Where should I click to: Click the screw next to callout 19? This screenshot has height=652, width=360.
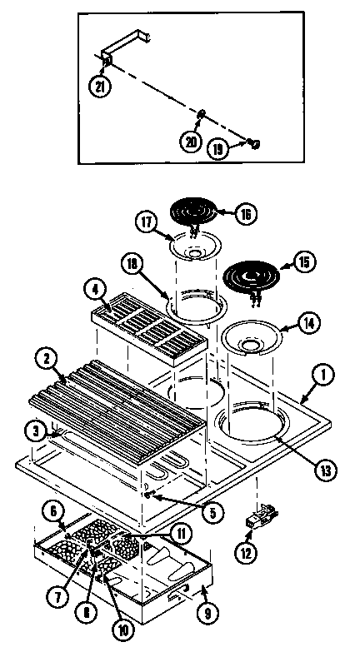252,144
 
